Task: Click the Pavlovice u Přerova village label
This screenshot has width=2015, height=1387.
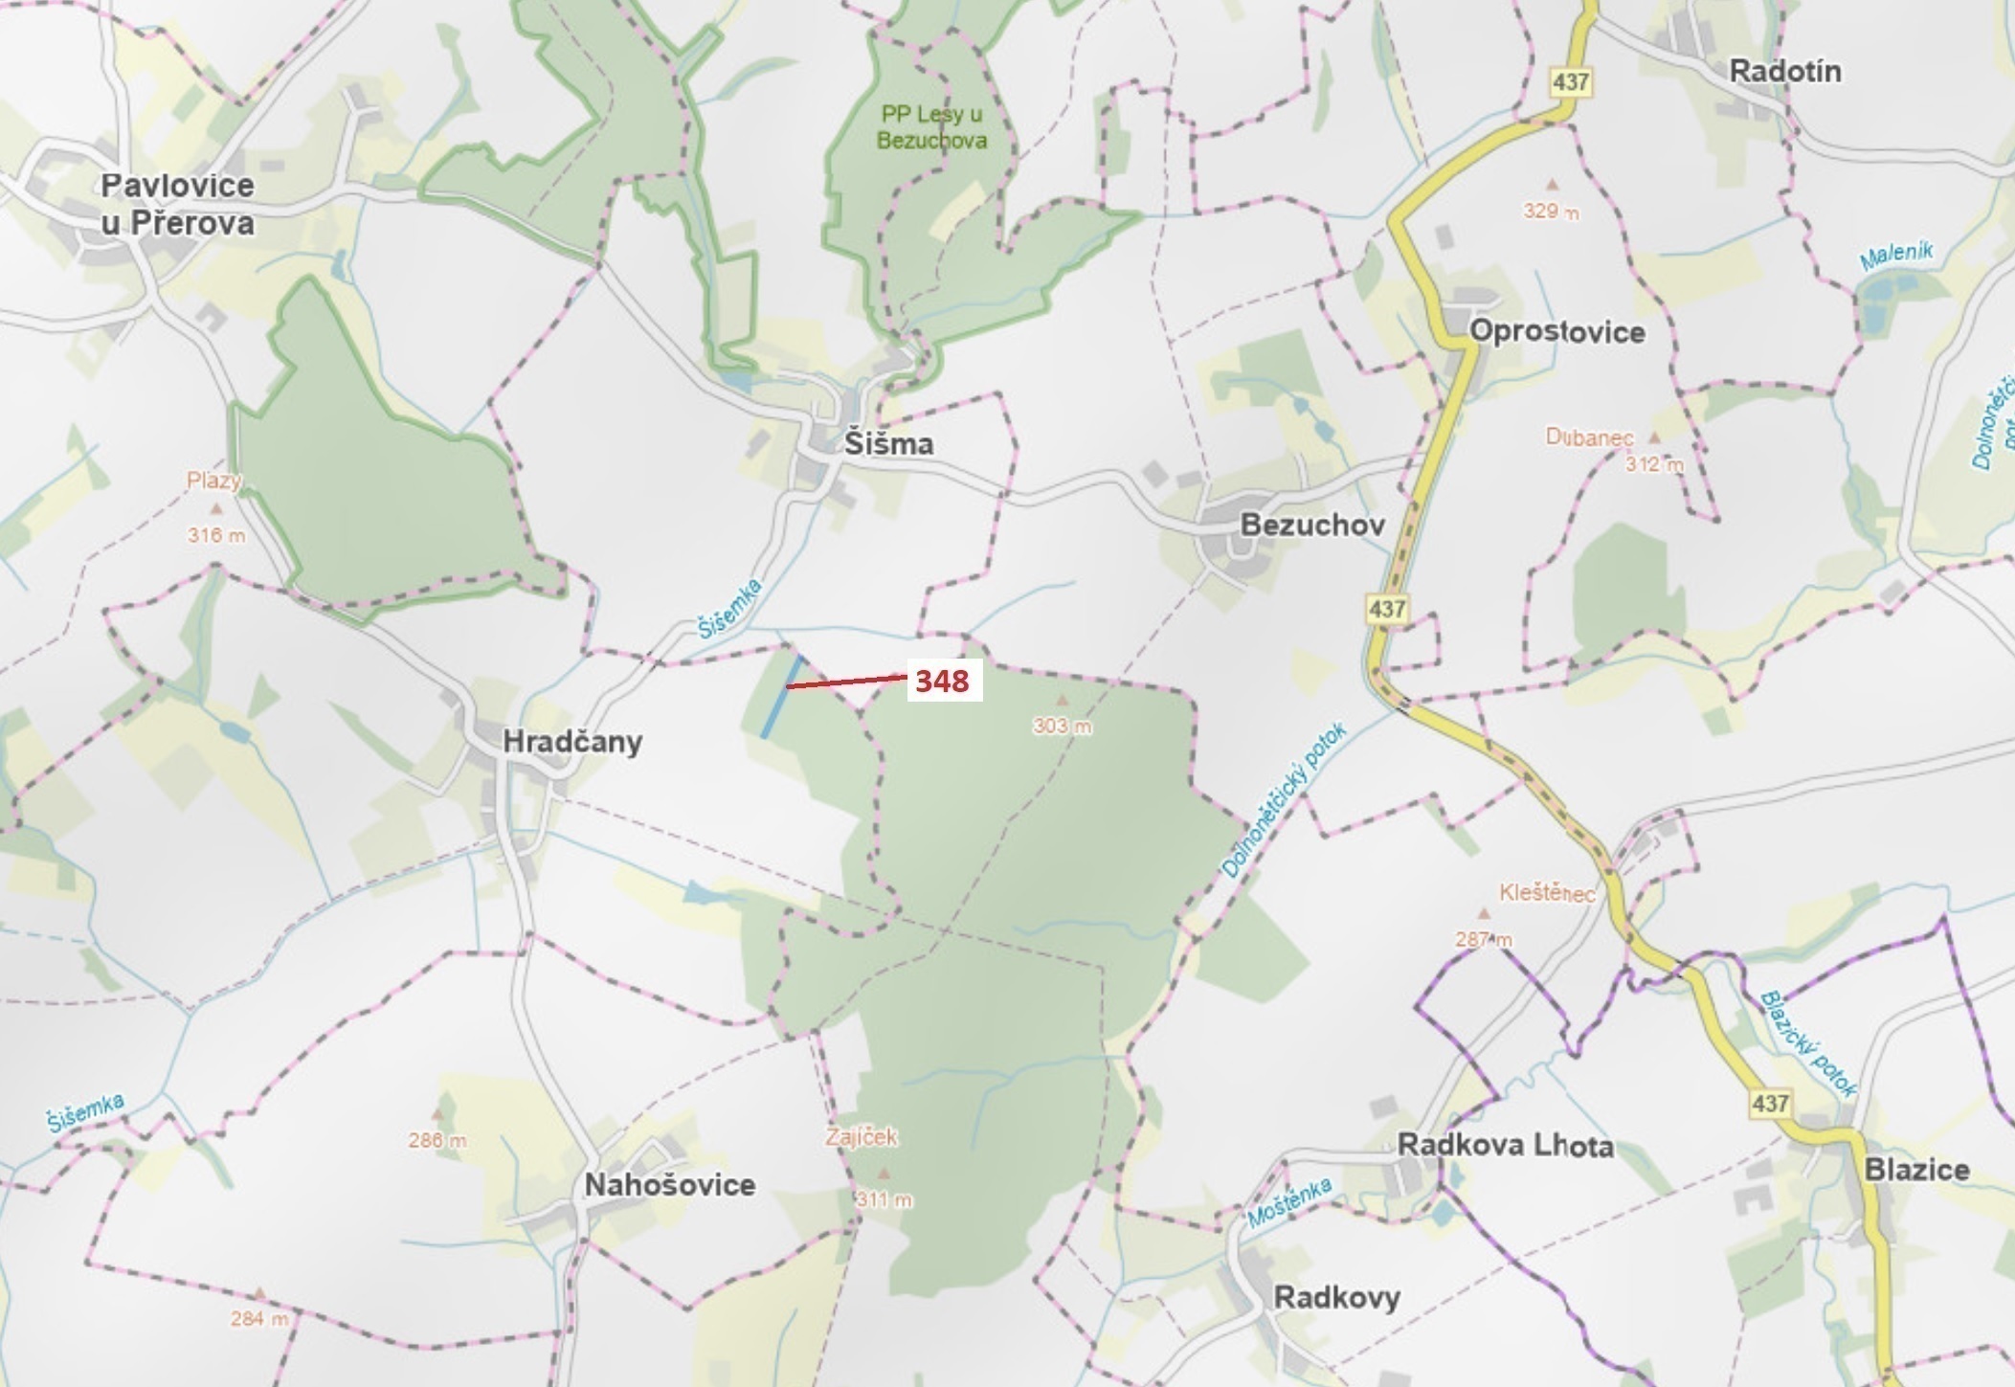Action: point(178,204)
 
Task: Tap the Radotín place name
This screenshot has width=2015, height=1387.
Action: point(1785,72)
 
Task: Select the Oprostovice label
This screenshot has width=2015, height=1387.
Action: point(1556,332)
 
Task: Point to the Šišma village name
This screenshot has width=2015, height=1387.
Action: point(888,444)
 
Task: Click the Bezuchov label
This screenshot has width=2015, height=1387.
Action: point(1312,525)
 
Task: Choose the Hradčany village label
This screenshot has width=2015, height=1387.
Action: point(572,742)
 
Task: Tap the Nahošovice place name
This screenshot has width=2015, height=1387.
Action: point(670,1185)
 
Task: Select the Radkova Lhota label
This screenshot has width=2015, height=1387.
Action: point(1505,1146)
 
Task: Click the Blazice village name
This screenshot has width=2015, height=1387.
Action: point(1916,1170)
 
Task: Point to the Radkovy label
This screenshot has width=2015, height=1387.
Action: point(1336,1298)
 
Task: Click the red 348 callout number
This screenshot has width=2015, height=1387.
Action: point(943,682)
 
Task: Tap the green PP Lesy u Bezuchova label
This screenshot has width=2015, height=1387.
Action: point(932,127)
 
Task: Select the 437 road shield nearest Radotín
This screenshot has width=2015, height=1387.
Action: point(1571,82)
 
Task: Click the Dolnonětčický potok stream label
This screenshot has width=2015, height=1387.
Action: point(1284,801)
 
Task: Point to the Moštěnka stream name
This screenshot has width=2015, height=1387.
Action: point(1289,1203)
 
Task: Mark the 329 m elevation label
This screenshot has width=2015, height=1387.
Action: point(1551,212)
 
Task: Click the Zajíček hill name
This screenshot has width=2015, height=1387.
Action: point(862,1137)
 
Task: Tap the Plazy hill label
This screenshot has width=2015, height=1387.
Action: point(214,481)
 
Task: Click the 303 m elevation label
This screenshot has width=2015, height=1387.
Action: point(1062,727)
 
